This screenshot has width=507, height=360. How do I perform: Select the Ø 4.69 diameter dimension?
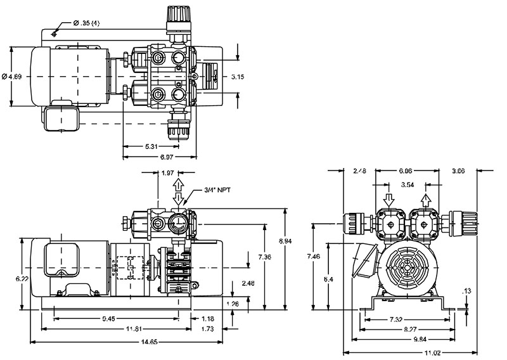[x=13, y=77]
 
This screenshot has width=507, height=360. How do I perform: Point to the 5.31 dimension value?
[x=151, y=146]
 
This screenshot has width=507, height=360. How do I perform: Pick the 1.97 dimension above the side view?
[x=167, y=173]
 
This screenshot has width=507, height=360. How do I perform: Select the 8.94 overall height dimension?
[x=288, y=241]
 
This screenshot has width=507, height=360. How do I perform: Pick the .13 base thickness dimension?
[x=467, y=291]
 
